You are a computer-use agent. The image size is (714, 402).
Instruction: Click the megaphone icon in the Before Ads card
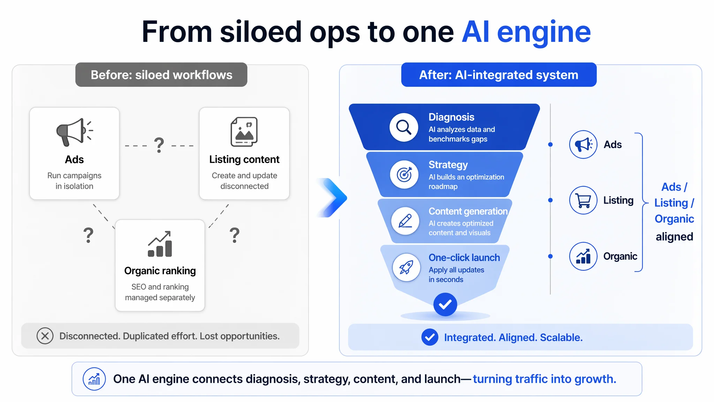tap(74, 132)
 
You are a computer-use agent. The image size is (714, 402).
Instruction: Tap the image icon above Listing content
tap(244, 132)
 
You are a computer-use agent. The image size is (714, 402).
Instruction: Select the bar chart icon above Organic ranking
tap(160, 244)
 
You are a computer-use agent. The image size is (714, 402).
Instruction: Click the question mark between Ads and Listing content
tap(159, 145)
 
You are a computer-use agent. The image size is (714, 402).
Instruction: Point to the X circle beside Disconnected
tap(45, 336)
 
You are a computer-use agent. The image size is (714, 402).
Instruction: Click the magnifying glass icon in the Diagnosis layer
tap(404, 127)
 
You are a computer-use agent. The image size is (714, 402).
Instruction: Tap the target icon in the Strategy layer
tap(404, 174)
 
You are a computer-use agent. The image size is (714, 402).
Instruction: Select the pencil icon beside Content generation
tap(405, 221)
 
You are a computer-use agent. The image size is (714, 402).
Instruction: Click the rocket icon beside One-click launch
tap(407, 268)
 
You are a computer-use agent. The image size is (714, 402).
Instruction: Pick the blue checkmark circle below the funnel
tap(445, 305)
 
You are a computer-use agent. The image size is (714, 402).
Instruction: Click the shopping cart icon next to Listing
tap(583, 200)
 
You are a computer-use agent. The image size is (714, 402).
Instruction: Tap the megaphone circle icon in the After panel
tap(583, 144)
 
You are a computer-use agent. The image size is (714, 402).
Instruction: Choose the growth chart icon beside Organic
tap(583, 256)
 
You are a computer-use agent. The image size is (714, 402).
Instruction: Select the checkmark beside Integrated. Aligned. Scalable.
tap(430, 337)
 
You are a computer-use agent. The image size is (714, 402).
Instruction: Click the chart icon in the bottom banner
tap(94, 379)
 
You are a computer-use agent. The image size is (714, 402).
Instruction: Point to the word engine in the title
tap(544, 32)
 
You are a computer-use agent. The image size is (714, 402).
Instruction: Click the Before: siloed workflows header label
tap(161, 75)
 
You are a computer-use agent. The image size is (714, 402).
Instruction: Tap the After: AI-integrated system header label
tap(499, 75)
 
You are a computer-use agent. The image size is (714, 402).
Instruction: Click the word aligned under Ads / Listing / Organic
tap(674, 237)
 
